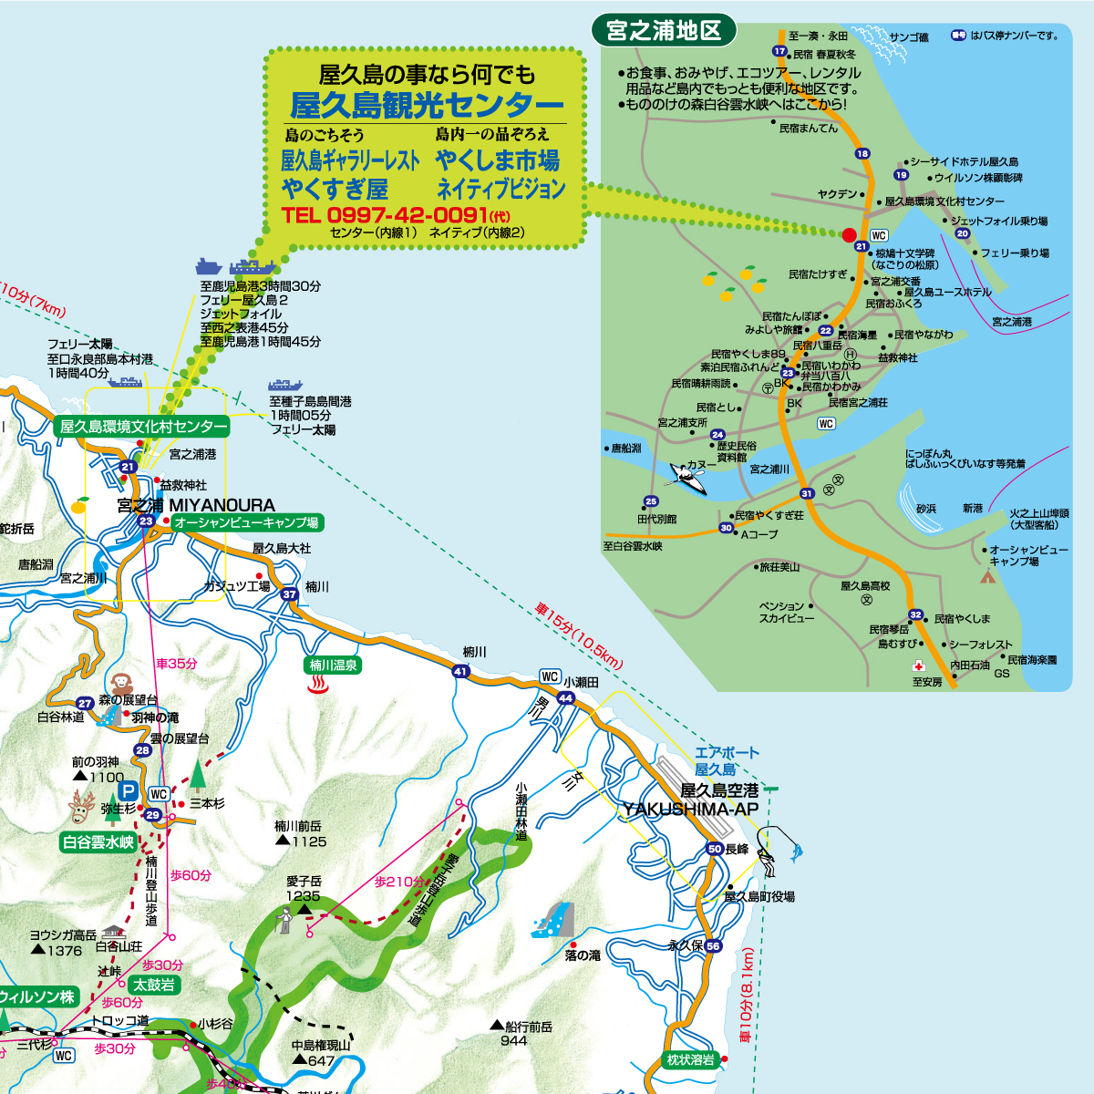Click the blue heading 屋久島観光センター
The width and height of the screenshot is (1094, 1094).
coord(427,105)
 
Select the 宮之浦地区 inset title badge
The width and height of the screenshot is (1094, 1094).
coord(664,31)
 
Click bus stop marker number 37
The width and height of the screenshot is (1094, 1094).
coord(290,594)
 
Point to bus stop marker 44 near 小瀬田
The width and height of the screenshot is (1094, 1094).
coord(566,698)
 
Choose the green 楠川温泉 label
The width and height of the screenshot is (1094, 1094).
coord(333,666)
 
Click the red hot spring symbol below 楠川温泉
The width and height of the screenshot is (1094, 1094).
coord(319,685)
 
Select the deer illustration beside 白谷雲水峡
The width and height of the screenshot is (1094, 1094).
coord(82,807)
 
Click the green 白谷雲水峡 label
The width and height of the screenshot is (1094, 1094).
coord(98,842)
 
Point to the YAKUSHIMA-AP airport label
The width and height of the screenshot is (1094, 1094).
coord(691,810)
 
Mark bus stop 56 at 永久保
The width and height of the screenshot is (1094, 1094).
coord(713,946)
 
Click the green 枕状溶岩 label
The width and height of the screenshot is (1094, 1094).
coord(690,1059)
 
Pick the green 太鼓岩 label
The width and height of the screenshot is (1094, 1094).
coord(154,985)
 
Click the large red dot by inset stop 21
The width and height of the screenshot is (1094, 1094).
coord(849,234)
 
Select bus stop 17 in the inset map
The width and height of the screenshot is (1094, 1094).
coord(779,51)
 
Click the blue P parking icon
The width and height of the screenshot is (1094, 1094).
coord(129,791)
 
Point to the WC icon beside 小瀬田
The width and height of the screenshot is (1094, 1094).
coord(550,676)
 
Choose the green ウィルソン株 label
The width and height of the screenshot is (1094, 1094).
coord(39,996)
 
